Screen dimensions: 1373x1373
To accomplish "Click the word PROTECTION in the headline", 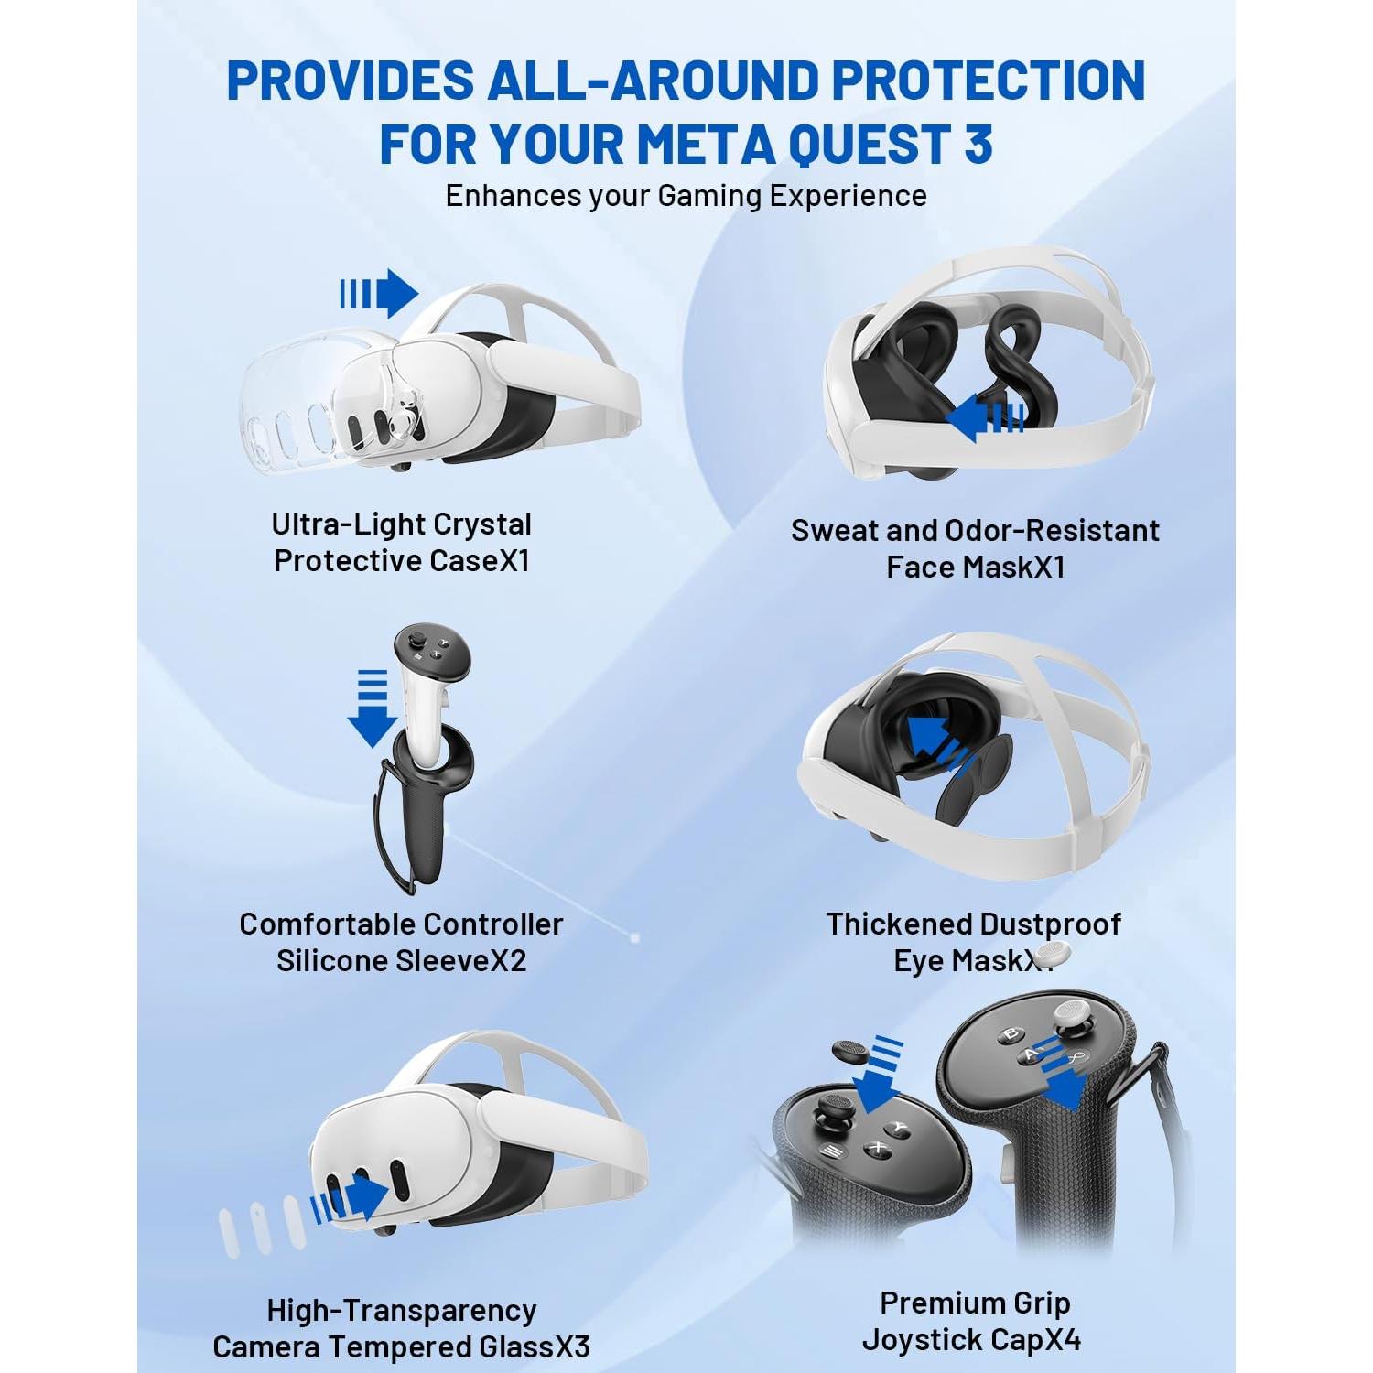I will [989, 81].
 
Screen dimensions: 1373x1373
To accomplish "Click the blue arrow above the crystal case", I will [379, 294].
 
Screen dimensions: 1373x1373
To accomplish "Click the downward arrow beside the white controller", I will [372, 708].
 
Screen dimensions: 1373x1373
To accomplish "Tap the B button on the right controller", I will [1011, 1035].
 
